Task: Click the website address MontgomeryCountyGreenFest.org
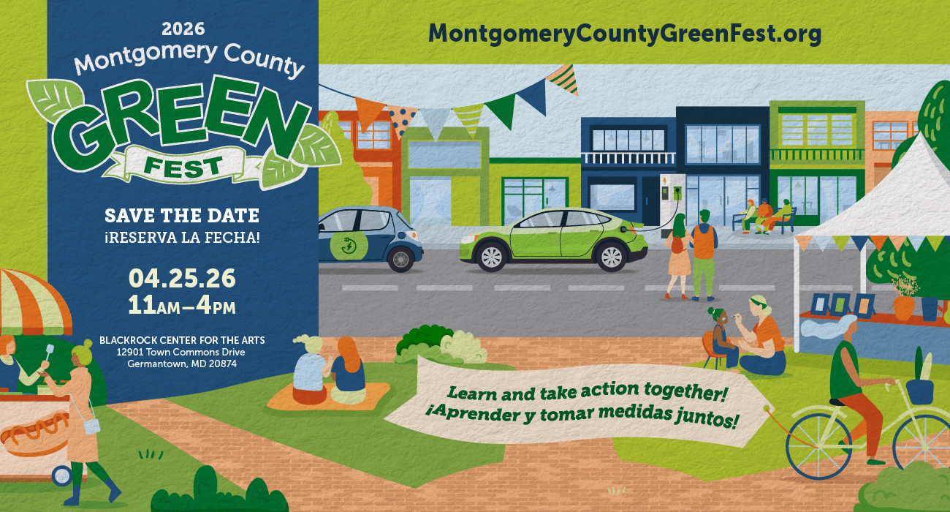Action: [625, 33]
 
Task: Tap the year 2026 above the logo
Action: [183, 29]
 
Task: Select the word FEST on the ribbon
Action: [183, 166]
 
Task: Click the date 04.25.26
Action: [182, 278]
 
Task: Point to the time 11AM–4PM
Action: [182, 304]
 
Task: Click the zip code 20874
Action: [222, 364]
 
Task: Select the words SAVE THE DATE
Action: [182, 216]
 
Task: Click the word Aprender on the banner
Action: [458, 423]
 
